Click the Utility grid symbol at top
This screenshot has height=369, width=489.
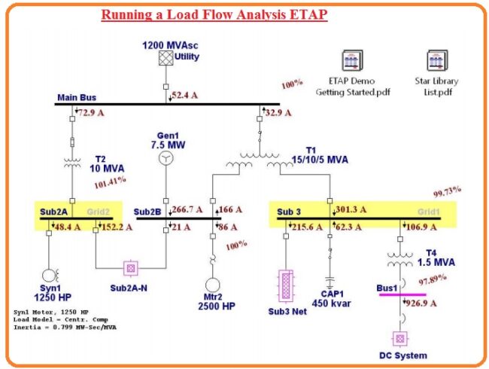click(166, 58)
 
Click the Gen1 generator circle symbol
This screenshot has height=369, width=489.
click(166, 159)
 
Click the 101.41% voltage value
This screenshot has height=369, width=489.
click(110, 181)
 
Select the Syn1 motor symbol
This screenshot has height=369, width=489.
click(50, 276)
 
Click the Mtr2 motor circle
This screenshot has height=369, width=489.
click(213, 285)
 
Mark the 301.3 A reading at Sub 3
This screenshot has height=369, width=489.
click(351, 210)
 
